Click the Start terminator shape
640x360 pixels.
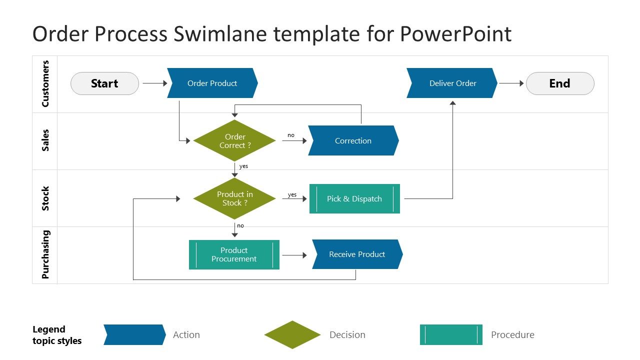[x=104, y=83]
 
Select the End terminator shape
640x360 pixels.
[x=560, y=83]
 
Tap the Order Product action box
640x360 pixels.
[x=212, y=83]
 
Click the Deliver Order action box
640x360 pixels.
[x=452, y=83]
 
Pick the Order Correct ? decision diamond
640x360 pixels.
[x=234, y=141]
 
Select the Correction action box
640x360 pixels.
[x=353, y=140]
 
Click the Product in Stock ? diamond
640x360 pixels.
[x=234, y=198]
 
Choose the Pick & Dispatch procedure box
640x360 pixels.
[x=354, y=198]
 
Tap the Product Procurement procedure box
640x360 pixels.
[x=234, y=254]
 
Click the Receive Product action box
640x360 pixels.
[x=357, y=254]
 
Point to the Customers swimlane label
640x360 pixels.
[x=45, y=84]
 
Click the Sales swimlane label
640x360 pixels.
[x=45, y=140]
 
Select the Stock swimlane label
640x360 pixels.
[x=45, y=198]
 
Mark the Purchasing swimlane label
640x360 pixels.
[x=45, y=254]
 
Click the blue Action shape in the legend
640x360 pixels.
[x=134, y=334]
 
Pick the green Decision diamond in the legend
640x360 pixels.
[x=292, y=334]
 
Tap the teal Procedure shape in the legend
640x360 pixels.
[x=451, y=334]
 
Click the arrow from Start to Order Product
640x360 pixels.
[x=154, y=83]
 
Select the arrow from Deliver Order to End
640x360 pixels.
[x=511, y=83]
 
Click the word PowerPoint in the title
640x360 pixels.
[x=455, y=34]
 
